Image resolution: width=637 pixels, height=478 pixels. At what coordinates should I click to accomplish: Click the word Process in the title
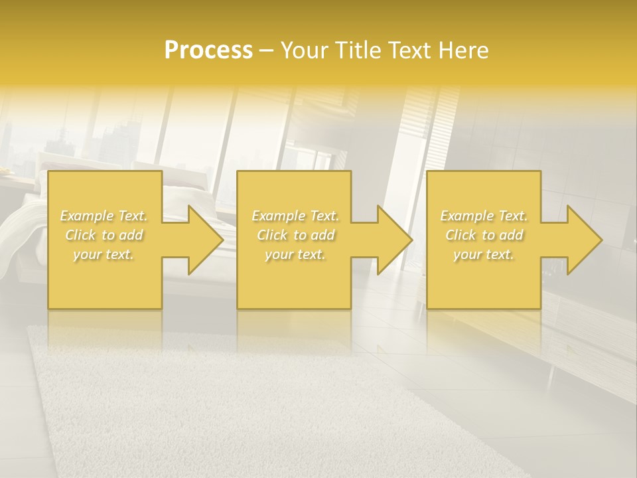coord(208,50)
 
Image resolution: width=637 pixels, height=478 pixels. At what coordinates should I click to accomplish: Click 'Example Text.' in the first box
coord(104,216)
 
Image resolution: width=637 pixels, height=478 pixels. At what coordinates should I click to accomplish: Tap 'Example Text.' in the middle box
coord(295,216)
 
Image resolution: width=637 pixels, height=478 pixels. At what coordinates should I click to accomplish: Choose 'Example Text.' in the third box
coord(484,216)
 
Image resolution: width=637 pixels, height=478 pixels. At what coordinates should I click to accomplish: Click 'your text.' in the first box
coord(104,254)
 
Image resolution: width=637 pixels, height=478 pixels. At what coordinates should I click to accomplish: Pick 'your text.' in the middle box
coord(295,254)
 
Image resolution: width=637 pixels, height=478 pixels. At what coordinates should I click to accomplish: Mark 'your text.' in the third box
coord(484,254)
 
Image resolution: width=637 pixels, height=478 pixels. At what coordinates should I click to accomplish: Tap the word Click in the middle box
coord(271,235)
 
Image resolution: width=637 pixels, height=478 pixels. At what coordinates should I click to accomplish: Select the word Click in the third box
coord(460,235)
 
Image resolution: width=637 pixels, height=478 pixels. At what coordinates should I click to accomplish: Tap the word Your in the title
coord(303,50)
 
